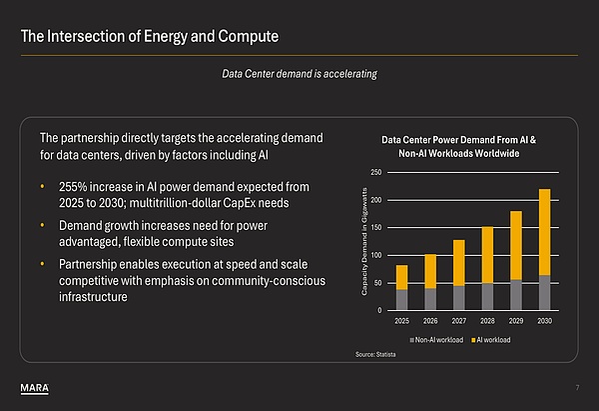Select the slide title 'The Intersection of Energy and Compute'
[150, 38]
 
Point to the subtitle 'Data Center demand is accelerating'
[299, 73]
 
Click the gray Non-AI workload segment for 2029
[516, 295]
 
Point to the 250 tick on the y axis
[376, 173]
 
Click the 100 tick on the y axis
[376, 256]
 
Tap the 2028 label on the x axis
[487, 322]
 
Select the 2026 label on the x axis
[430, 322]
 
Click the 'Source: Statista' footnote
[377, 355]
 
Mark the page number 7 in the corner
[577, 388]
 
